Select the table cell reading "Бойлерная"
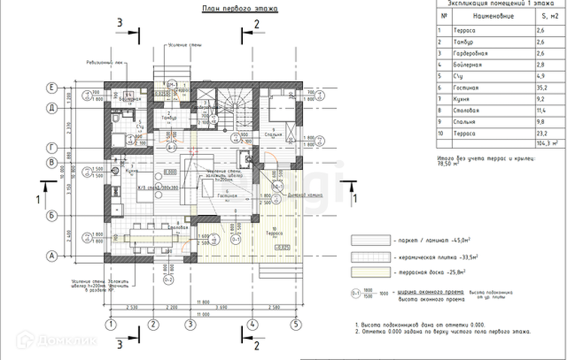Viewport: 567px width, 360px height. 474,65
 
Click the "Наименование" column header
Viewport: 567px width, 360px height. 493,15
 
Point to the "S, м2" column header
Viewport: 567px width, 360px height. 540,15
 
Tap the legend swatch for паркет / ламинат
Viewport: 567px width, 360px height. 368,240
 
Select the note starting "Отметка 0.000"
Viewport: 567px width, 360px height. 444,331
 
